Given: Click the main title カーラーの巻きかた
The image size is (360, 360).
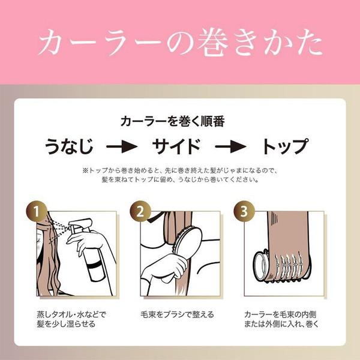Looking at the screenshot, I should [180, 42].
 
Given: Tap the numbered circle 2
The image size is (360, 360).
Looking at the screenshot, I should [140, 211].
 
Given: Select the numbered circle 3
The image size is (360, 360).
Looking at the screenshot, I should [242, 211].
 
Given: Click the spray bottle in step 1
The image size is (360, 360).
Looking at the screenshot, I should [91, 258].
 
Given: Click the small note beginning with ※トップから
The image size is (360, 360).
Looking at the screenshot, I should [180, 175].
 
